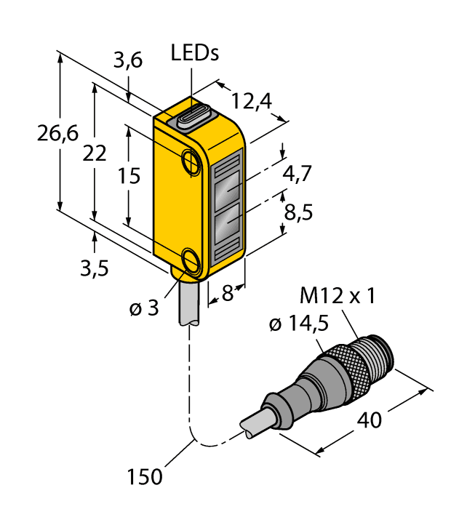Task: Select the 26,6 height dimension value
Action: click(57, 135)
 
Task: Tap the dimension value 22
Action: click(95, 153)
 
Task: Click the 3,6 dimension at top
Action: click(127, 63)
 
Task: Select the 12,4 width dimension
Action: click(251, 101)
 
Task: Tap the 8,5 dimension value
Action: click(298, 214)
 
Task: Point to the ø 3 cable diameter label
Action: click(143, 308)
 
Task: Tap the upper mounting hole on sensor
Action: click(191, 159)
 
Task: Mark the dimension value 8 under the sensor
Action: click(228, 294)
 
